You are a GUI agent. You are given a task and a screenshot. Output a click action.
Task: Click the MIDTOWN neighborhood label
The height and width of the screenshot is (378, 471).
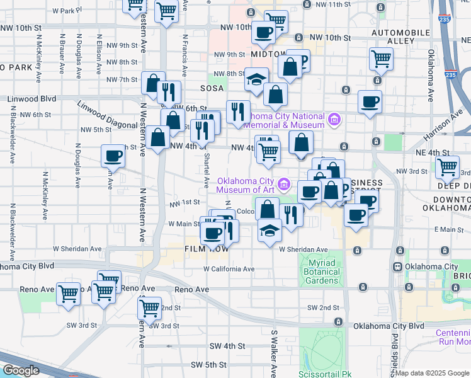268,55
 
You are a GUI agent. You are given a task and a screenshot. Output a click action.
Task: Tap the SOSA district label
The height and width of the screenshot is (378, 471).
212,88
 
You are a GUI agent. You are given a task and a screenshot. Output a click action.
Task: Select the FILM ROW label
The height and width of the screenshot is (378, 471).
204,249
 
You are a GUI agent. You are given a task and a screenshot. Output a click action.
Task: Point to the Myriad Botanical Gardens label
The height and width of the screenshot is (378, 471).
324,272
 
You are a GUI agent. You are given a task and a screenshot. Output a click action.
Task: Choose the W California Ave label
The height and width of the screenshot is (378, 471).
229,269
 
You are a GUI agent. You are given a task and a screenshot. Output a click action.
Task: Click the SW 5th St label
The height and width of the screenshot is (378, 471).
208,365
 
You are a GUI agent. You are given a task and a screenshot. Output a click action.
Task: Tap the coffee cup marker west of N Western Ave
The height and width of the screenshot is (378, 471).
113,156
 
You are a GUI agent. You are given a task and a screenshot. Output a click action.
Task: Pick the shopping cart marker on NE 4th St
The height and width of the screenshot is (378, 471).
448,168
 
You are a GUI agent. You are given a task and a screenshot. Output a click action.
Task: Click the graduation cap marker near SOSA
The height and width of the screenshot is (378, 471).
256,79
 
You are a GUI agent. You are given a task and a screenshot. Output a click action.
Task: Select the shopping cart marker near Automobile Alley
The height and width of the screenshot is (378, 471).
381,59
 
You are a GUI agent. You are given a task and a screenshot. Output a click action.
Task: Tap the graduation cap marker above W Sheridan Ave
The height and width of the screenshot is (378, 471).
270,229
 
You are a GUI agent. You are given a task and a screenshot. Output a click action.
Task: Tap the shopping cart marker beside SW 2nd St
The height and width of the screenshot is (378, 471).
149,308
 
